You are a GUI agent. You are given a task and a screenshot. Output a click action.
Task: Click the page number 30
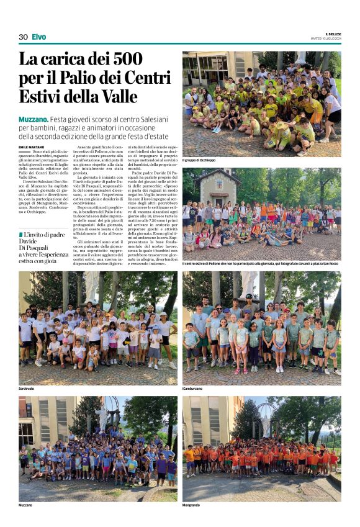[x=23, y=37]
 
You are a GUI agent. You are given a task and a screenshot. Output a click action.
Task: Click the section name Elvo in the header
[x=38, y=37]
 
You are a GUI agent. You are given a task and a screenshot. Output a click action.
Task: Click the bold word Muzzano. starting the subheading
[x=33, y=118]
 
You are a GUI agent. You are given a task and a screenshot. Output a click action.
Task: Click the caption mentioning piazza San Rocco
[x=261, y=263]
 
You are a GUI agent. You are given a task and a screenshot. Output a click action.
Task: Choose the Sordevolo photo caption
[x=27, y=389]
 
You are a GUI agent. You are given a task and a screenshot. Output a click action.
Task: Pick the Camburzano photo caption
[x=192, y=389]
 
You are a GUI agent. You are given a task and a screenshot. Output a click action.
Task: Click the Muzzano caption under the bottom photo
[x=25, y=505]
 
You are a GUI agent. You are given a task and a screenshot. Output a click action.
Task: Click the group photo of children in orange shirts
[x=261, y=448]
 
